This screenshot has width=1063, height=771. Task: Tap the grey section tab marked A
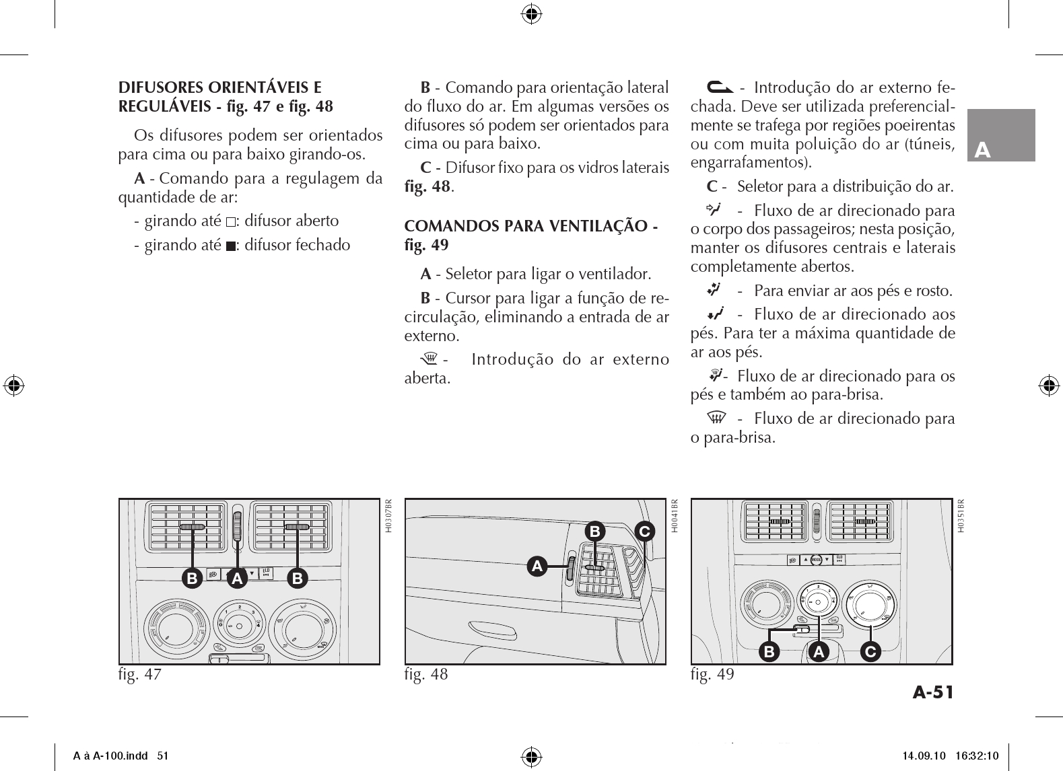click(x=1001, y=136)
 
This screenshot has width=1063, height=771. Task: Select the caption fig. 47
click(x=140, y=673)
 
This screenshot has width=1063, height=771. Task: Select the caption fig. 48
click(x=425, y=673)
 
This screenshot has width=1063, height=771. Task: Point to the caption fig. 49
click(x=712, y=673)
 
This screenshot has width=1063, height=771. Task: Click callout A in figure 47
click(x=236, y=578)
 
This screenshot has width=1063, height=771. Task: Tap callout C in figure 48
click(x=644, y=531)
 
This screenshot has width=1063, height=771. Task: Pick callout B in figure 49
click(x=768, y=651)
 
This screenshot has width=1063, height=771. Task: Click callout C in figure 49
click(x=870, y=651)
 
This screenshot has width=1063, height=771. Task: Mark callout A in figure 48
click(x=537, y=566)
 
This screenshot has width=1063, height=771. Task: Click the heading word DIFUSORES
click(x=160, y=87)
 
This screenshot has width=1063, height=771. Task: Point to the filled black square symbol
click(x=231, y=246)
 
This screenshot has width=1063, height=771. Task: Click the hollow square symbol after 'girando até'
click(x=231, y=222)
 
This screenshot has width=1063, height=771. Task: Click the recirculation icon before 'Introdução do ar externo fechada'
click(x=715, y=87)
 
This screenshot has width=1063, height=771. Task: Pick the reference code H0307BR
click(x=388, y=515)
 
